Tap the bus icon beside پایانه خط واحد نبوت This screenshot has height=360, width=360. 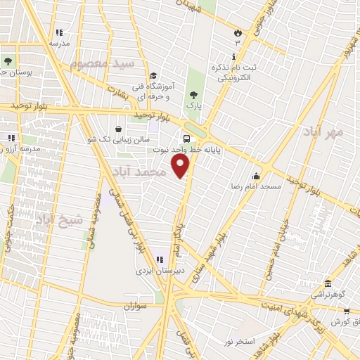tap(187, 139)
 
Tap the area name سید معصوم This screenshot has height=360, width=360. tap(102, 64)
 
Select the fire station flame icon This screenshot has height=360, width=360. tap(237, 32)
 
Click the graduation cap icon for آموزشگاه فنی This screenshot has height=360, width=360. tap(152, 77)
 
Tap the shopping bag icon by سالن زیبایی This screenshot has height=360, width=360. tap(117, 129)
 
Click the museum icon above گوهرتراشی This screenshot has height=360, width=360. tap(328, 283)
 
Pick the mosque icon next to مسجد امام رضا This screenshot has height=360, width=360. tap(257, 176)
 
